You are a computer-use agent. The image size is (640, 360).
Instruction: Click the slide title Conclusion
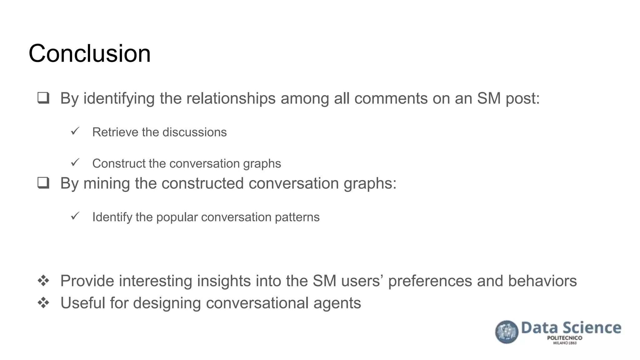click(x=90, y=53)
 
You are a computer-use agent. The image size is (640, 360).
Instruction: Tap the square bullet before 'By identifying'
click(x=43, y=98)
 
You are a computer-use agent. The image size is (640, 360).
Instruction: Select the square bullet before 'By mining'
click(x=43, y=183)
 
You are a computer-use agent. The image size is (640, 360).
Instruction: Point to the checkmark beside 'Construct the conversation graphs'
click(x=75, y=162)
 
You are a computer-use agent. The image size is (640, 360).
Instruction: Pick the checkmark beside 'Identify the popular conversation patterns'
click(x=75, y=216)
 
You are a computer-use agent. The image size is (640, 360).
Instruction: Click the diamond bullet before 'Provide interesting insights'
click(x=43, y=281)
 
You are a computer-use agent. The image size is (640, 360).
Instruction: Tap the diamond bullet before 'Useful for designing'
click(x=43, y=303)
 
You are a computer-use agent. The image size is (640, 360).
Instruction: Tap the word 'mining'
click(x=107, y=184)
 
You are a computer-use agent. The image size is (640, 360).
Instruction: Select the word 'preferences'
click(x=430, y=281)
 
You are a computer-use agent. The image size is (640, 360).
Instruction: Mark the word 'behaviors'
click(x=542, y=281)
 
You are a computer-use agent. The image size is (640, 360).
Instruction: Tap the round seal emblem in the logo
click(x=507, y=332)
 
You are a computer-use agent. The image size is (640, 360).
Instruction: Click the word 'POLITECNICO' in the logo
click(x=564, y=338)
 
